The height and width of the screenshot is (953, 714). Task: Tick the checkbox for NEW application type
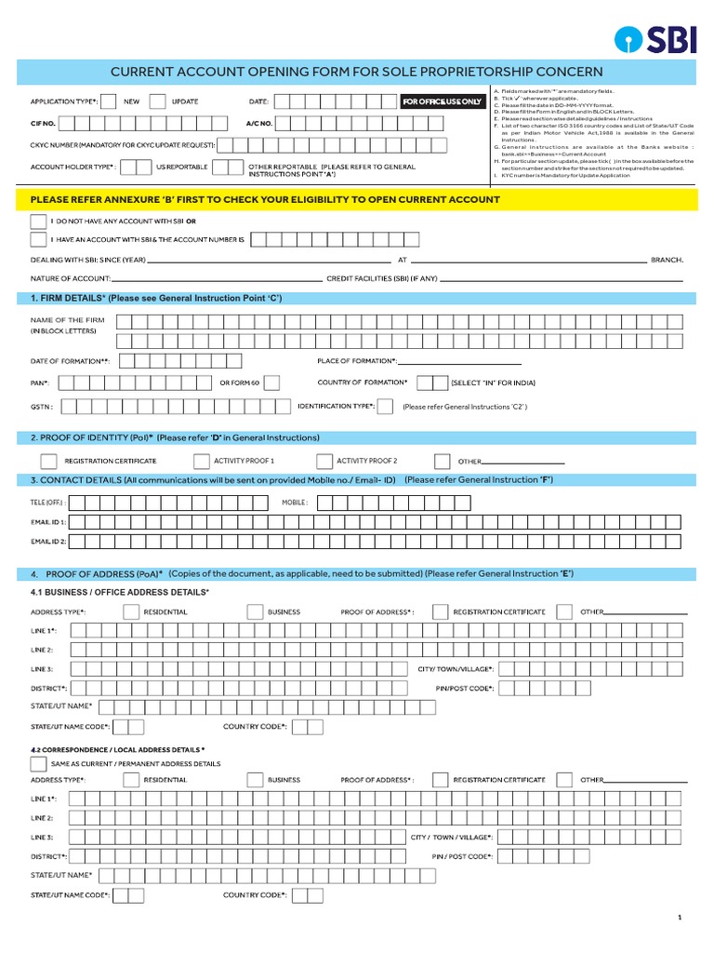[x=109, y=101]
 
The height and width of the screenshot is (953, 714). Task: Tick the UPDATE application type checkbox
[x=158, y=101]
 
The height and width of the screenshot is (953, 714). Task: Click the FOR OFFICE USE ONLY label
[x=442, y=101]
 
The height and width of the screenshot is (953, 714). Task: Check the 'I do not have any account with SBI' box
[x=38, y=221]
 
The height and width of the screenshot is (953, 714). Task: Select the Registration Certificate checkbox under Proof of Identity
[x=49, y=461]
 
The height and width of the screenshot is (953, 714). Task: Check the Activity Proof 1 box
[x=202, y=461]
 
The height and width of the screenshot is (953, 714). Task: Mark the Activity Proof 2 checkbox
[x=324, y=461]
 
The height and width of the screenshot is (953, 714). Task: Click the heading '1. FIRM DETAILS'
[x=156, y=298]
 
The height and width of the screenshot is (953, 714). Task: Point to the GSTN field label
[x=42, y=407]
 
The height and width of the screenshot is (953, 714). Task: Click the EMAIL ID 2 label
[x=48, y=541]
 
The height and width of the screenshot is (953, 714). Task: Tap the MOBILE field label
[x=294, y=503]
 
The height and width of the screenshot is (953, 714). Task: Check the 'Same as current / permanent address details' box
[x=38, y=763]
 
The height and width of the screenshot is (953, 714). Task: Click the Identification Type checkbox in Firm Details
[x=385, y=407]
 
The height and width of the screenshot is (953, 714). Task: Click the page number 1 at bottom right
[x=680, y=918]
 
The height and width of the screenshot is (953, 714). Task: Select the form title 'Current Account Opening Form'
[x=357, y=72]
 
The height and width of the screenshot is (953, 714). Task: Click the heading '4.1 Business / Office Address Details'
[x=120, y=593]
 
